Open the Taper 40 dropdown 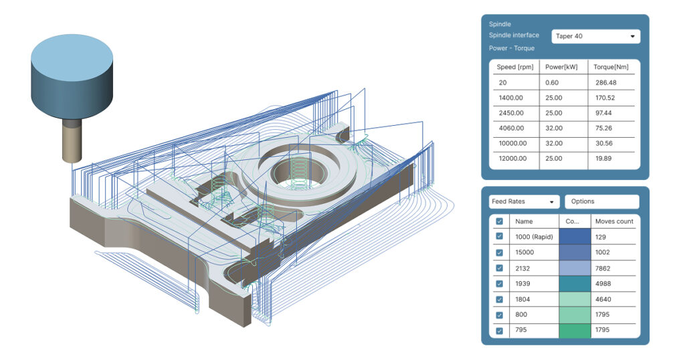coord(595,36)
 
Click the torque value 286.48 coord(609,82)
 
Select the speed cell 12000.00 coord(514,159)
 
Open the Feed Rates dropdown coord(524,201)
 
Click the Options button coord(601,201)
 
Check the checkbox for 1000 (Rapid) coord(499,236)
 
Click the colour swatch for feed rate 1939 coord(575,284)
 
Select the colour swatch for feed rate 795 coord(575,331)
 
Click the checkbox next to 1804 coord(499,299)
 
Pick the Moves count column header coord(614,221)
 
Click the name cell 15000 coord(526,252)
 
